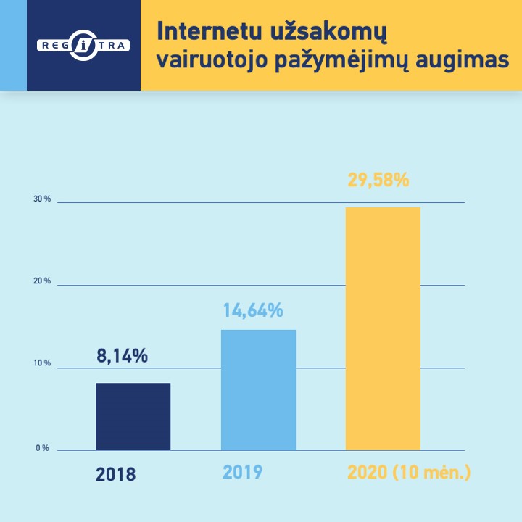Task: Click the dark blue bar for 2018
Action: click(x=133, y=416)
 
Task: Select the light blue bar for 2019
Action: click(x=258, y=390)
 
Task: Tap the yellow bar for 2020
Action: click(x=383, y=328)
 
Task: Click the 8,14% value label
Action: click(x=123, y=356)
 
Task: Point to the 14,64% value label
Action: click(x=253, y=311)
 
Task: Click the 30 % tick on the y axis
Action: click(x=42, y=199)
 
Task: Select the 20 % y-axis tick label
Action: click(x=42, y=281)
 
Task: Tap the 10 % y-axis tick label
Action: click(x=42, y=363)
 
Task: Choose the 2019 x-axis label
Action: click(x=242, y=473)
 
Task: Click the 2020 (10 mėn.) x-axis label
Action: click(x=410, y=473)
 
